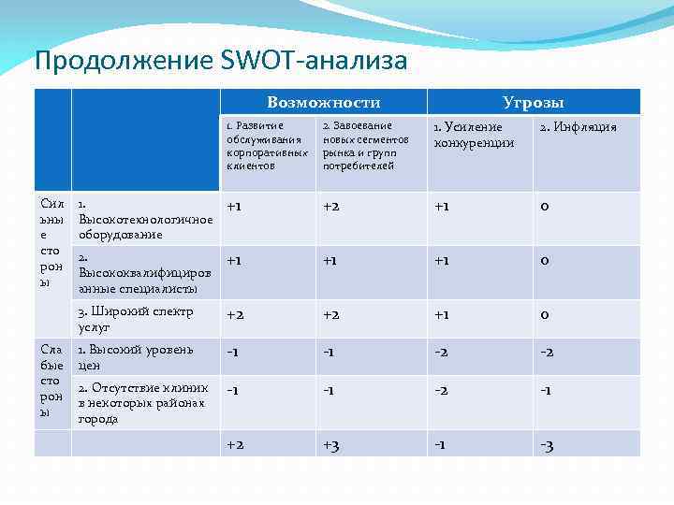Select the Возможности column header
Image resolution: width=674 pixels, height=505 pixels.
pos(323,102)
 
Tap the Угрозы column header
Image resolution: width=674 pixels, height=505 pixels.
pos(533,102)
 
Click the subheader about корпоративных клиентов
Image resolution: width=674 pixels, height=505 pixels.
pos(267,146)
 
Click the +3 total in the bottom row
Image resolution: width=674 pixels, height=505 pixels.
pos(331,445)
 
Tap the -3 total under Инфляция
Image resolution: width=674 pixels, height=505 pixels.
pos(547,445)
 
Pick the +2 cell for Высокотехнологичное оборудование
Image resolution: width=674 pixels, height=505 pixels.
pos(331,206)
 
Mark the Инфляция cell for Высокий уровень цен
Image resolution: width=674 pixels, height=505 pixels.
pos(547,352)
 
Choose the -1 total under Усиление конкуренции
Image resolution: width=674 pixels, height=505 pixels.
pos(439,445)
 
